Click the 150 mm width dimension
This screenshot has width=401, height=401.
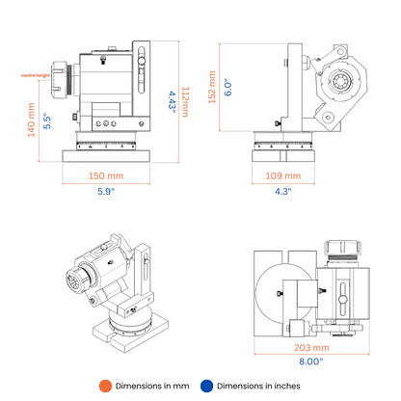coord(106,175)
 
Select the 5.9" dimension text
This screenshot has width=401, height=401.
coord(106,191)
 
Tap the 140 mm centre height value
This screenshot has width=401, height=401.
coord(31,120)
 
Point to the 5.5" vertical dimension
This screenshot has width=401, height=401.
coord(47,120)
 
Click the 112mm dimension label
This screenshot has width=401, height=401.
coord(185,101)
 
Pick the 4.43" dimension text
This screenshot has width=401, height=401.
coord(173,102)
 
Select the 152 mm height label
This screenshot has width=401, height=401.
coord(212,88)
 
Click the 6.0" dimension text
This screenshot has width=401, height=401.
coord(227,87)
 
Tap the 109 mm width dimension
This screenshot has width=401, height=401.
coord(283,175)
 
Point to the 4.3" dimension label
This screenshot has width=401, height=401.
coord(283,191)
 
